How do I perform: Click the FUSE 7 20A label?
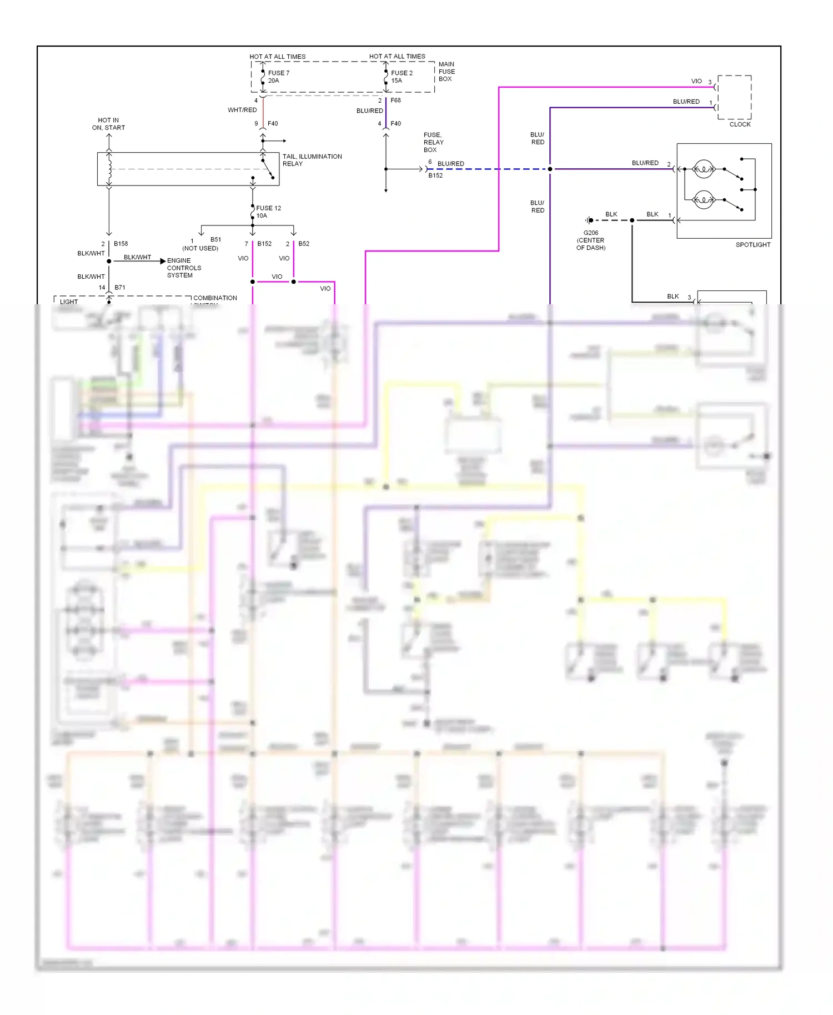tap(278, 77)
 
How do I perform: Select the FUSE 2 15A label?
tap(401, 77)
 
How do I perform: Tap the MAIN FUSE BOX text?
tap(446, 72)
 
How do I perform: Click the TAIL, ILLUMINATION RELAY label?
tap(312, 160)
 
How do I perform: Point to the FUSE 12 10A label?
tap(268, 212)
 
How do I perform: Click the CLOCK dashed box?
tap(734, 97)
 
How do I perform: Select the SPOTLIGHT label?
tap(752, 245)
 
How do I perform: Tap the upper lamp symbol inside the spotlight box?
tap(704, 169)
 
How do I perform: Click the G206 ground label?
tap(590, 240)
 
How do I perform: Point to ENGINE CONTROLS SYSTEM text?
tap(184, 268)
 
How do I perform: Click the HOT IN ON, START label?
tap(108, 124)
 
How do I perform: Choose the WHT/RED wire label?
tap(242, 110)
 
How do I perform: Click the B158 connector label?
tap(121, 244)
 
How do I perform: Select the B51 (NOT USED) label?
tap(201, 244)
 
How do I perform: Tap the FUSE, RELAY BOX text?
tap(433, 142)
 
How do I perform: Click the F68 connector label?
tap(395, 101)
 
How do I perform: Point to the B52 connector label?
tap(303, 244)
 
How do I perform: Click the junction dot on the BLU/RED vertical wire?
tap(550, 169)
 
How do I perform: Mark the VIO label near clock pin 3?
tap(696, 81)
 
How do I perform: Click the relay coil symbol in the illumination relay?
tap(109, 169)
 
